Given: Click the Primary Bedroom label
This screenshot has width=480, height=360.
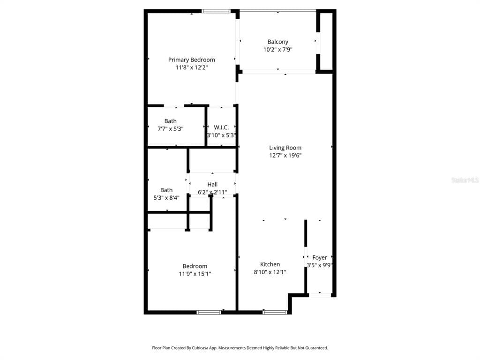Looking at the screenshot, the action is point(192,60).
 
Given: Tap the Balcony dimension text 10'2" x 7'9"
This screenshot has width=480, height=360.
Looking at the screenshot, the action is point(278,49).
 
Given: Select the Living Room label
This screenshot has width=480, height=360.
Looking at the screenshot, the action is point(285,148).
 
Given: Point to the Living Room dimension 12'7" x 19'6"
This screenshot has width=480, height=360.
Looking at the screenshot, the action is point(285,155).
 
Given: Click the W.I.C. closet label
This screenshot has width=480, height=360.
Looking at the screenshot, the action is point(221,127).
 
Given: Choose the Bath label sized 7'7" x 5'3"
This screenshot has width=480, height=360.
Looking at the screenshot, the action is point(171,121).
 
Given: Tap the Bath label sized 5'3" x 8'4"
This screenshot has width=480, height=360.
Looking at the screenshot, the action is point(166,190).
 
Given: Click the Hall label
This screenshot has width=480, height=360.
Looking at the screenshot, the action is point(212,184).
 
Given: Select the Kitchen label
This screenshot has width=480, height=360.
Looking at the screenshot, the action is point(270,264).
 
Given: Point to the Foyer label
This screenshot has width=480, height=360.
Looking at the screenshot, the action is point(320,258).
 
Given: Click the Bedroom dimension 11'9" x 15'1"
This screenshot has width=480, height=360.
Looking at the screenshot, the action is point(195,274).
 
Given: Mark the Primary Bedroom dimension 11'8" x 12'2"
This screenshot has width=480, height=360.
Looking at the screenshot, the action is point(192,67).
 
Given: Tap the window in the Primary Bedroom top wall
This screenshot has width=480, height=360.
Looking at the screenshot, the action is point(216,11).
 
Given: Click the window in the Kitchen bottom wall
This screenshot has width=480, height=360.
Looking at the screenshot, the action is point(275,312).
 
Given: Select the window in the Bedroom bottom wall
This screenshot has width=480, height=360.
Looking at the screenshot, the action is point(209,312).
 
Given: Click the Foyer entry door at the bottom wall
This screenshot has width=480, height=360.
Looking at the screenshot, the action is point(320,295).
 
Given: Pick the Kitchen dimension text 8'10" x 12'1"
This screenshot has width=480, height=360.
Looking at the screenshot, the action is point(270,272).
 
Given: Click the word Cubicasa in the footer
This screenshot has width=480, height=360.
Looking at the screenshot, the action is point(200,348).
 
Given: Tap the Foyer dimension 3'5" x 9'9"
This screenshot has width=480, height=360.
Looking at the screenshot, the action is point(320,265).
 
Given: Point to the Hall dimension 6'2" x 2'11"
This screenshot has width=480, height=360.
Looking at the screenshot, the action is point(212,192).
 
